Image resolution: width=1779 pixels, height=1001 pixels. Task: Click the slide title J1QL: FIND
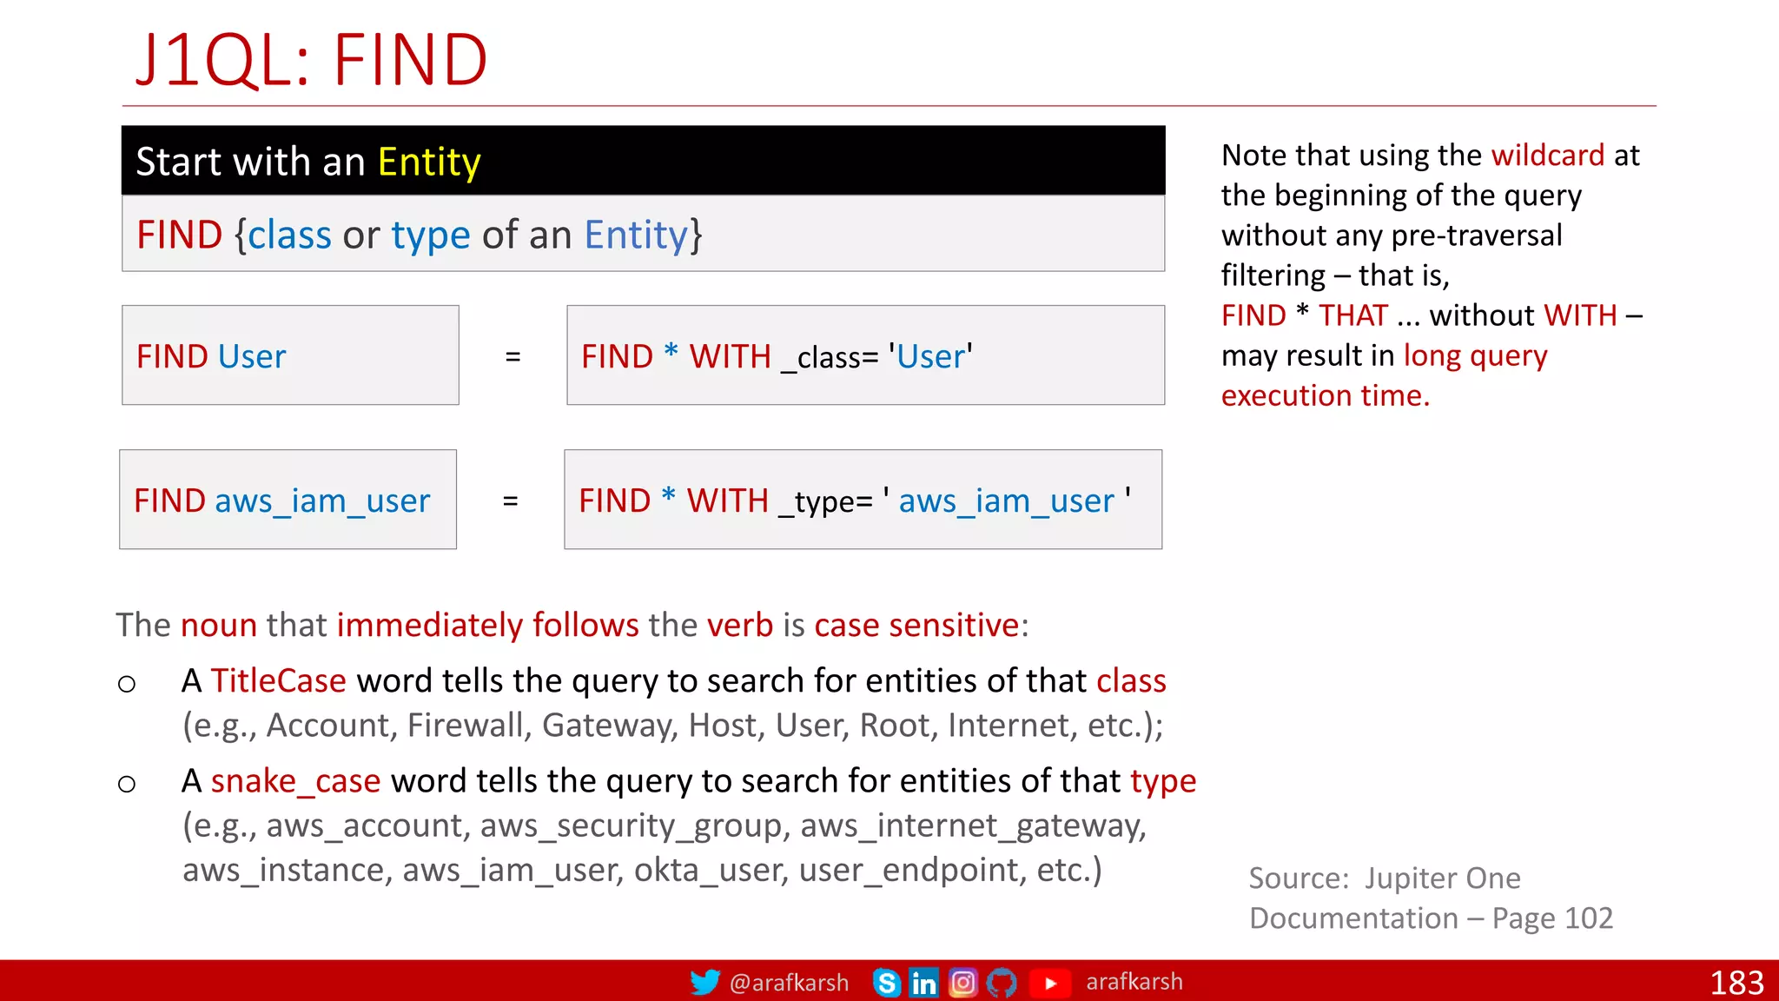pos(311,61)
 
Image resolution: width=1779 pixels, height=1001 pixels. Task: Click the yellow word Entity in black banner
pos(429,162)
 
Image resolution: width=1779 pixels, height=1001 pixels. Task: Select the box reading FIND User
pos(290,355)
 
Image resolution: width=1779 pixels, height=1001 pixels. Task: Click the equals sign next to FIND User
pos(513,356)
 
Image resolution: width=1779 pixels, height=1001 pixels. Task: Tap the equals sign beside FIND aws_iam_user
pos(510,501)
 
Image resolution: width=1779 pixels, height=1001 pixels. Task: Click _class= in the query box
pos(830,358)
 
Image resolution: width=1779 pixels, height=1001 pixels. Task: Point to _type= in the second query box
pos(825,502)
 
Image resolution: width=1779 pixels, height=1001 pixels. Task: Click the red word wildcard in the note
pos(1547,156)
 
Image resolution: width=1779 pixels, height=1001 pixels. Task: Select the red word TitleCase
pos(278,681)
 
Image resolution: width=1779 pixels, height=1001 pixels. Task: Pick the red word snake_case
pos(295,781)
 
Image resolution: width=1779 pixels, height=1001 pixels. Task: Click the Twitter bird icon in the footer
pos(704,983)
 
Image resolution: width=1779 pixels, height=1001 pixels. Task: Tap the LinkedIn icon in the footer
pos(923,983)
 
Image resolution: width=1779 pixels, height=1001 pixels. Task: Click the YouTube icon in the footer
pos(1050,983)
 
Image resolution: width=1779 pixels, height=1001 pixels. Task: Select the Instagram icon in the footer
pos(962,983)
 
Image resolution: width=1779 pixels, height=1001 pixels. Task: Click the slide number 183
pos(1736,983)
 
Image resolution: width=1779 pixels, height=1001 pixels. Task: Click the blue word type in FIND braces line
pos(430,235)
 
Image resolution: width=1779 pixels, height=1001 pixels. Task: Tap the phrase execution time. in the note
pos(1325,396)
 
